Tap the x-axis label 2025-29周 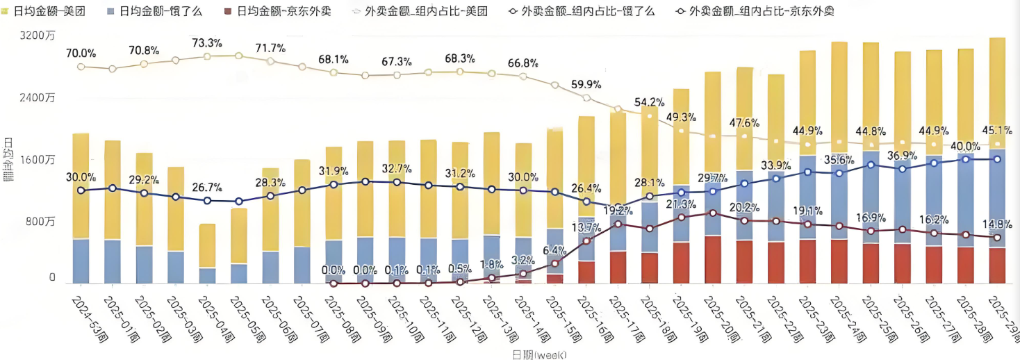click(1001, 317)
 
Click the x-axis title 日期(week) click(539, 354)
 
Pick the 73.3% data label click(207, 43)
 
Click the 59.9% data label click(586, 84)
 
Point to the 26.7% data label click(207, 188)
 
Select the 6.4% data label click(555, 249)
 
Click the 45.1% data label click(997, 130)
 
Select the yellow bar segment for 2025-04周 click(207, 245)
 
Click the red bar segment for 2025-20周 click(713, 259)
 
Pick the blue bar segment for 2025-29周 click(997, 198)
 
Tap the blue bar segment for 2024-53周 click(81, 261)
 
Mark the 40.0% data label click(965, 146)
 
